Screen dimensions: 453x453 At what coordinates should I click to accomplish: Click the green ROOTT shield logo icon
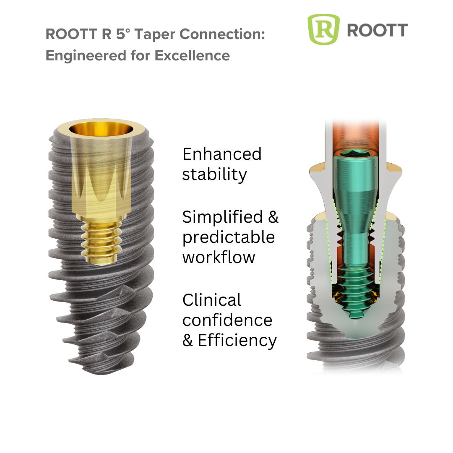point(323,29)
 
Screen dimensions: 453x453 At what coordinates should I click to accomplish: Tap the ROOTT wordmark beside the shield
point(377,30)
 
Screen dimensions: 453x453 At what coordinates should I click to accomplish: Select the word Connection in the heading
point(222,34)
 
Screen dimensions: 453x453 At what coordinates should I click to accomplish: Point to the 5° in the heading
point(123,34)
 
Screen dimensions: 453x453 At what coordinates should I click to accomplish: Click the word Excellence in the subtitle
point(192,55)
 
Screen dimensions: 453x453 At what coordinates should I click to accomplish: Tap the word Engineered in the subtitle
point(86,56)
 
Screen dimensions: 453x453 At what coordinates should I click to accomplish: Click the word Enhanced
point(222,154)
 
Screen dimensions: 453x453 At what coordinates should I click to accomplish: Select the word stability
point(215,174)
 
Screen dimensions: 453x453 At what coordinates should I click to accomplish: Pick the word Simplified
point(223,217)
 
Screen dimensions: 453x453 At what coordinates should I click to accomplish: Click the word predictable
point(229,237)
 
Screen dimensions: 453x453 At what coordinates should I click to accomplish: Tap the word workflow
point(219,257)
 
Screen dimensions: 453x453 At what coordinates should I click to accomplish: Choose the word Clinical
point(212,300)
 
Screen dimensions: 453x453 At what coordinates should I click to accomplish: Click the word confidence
point(227,320)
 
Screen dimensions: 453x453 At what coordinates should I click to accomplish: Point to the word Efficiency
point(237,340)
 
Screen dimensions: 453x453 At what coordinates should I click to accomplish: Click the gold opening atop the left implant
point(102,129)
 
